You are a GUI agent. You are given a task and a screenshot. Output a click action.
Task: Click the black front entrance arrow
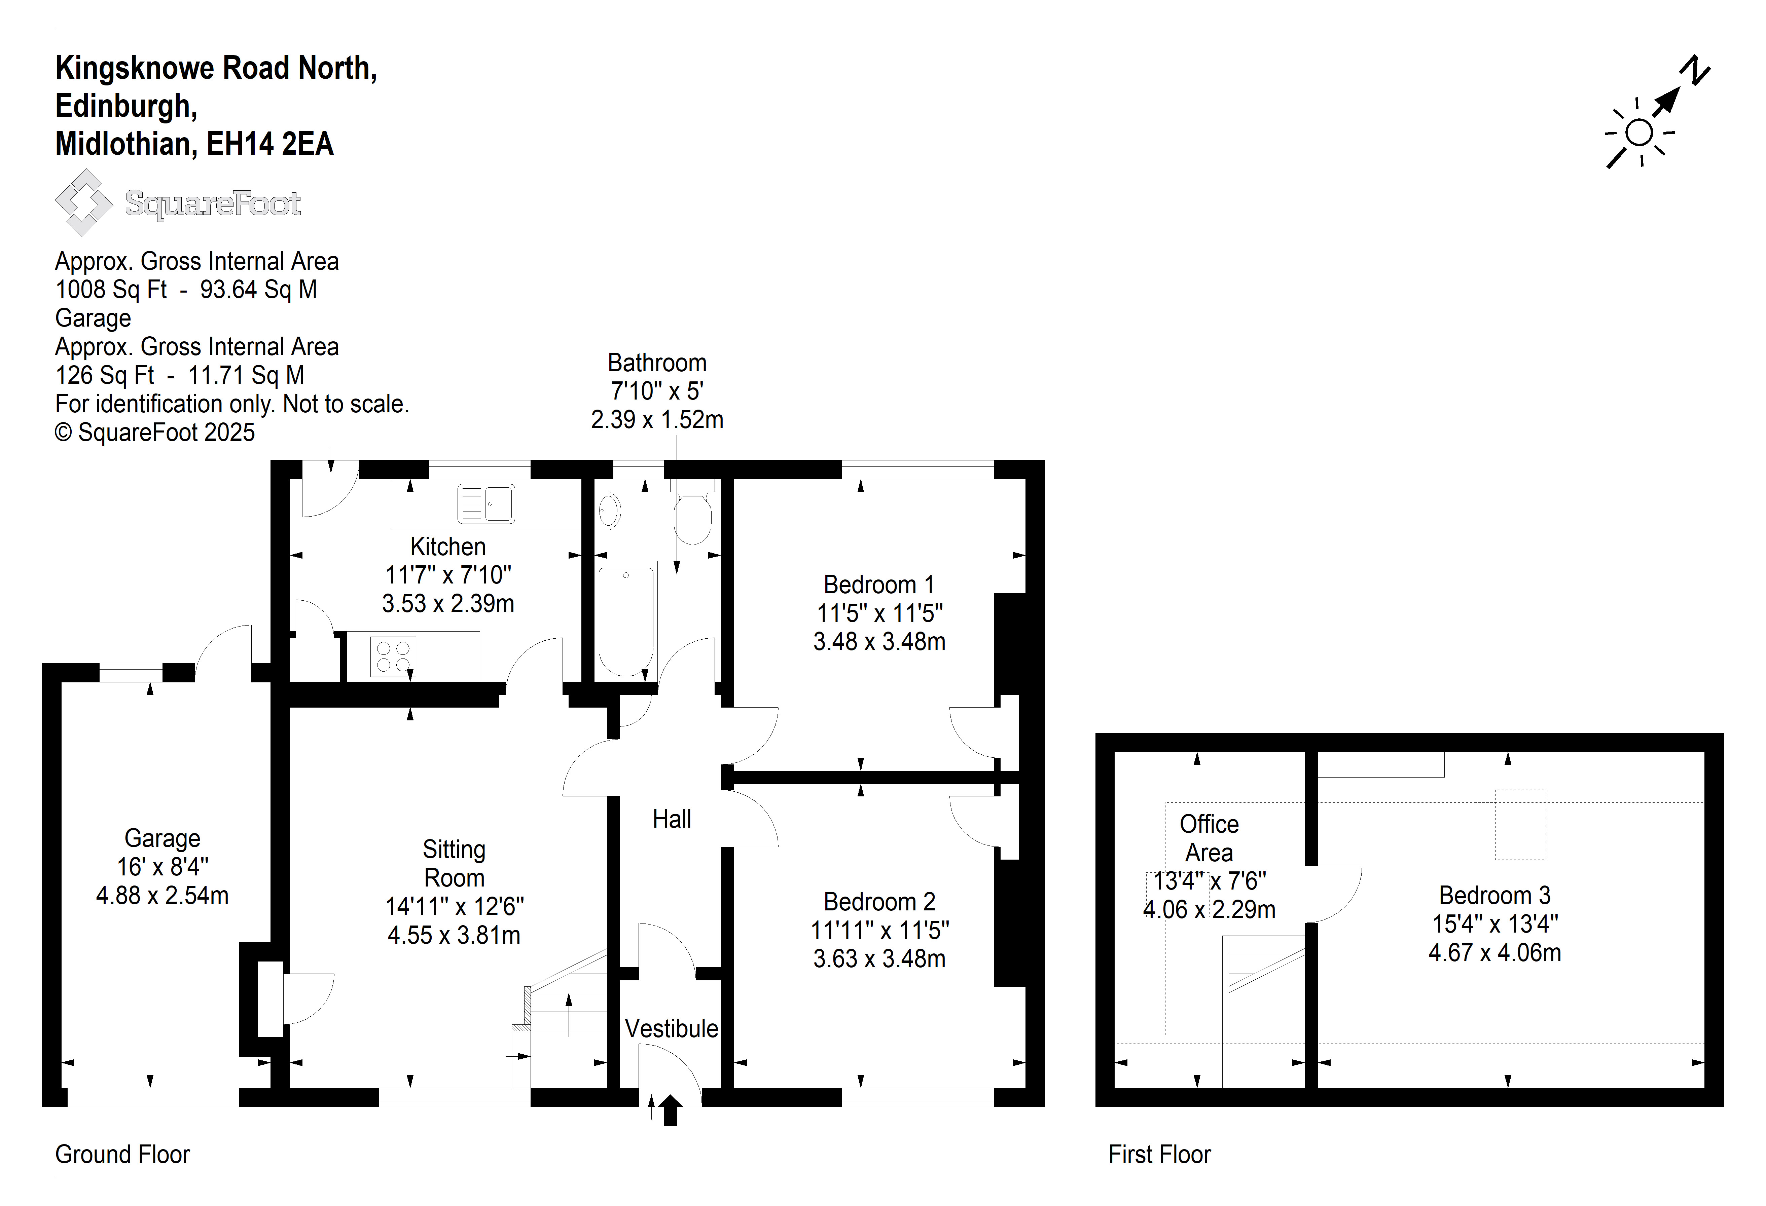pos(670,1110)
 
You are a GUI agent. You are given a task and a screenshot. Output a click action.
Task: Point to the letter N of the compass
pos(1694,71)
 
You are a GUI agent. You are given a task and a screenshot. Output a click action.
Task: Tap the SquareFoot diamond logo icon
pos(83,202)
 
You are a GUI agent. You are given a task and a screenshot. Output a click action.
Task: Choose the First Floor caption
pos(1160,1154)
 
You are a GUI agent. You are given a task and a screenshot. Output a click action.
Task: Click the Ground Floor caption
pos(122,1154)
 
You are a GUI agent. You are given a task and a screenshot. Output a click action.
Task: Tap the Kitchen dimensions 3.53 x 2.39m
pos(448,604)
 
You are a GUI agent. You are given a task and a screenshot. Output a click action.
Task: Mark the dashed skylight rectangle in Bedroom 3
pos(1520,825)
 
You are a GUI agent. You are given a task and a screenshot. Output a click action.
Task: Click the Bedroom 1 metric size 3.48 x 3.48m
pos(879,642)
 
